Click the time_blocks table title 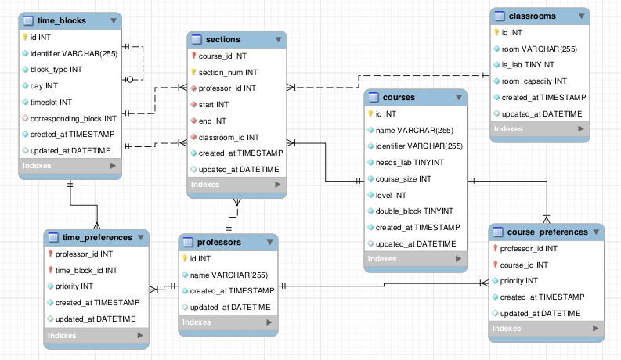click(x=62, y=20)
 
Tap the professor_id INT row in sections click(x=227, y=88)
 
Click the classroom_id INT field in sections click(x=229, y=137)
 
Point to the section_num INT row click(x=228, y=73)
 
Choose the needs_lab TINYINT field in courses click(x=410, y=163)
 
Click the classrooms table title click(x=533, y=16)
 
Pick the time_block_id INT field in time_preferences click(x=86, y=271)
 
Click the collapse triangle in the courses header click(x=459, y=97)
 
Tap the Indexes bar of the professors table click(x=228, y=322)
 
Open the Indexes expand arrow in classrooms click(x=580, y=129)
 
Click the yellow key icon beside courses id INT click(x=370, y=114)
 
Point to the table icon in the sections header click(x=197, y=39)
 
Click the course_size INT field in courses click(x=403, y=179)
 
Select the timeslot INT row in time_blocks click(x=51, y=103)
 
